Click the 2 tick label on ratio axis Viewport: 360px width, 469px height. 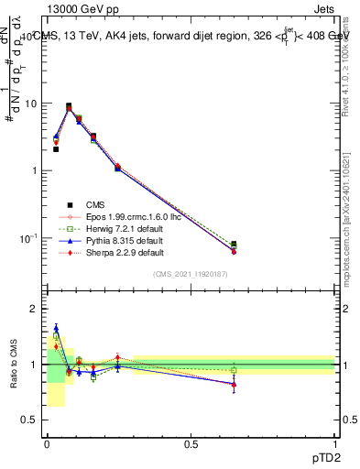click(x=35, y=309)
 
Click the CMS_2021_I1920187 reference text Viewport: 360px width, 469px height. click(x=191, y=274)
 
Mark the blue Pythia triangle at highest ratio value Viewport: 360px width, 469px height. click(x=56, y=328)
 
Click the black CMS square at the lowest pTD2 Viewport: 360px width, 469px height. click(x=56, y=148)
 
